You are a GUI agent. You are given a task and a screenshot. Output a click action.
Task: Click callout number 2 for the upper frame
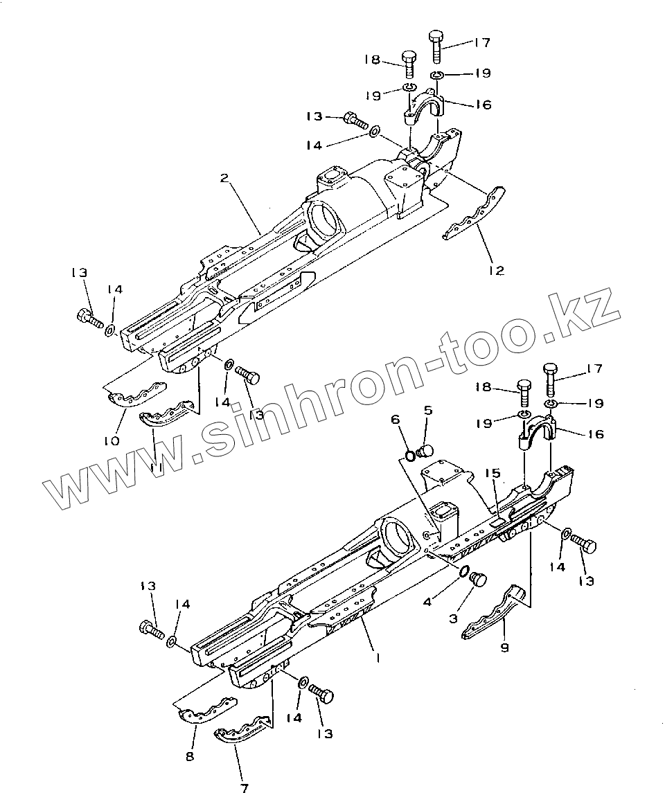coord(224,178)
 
